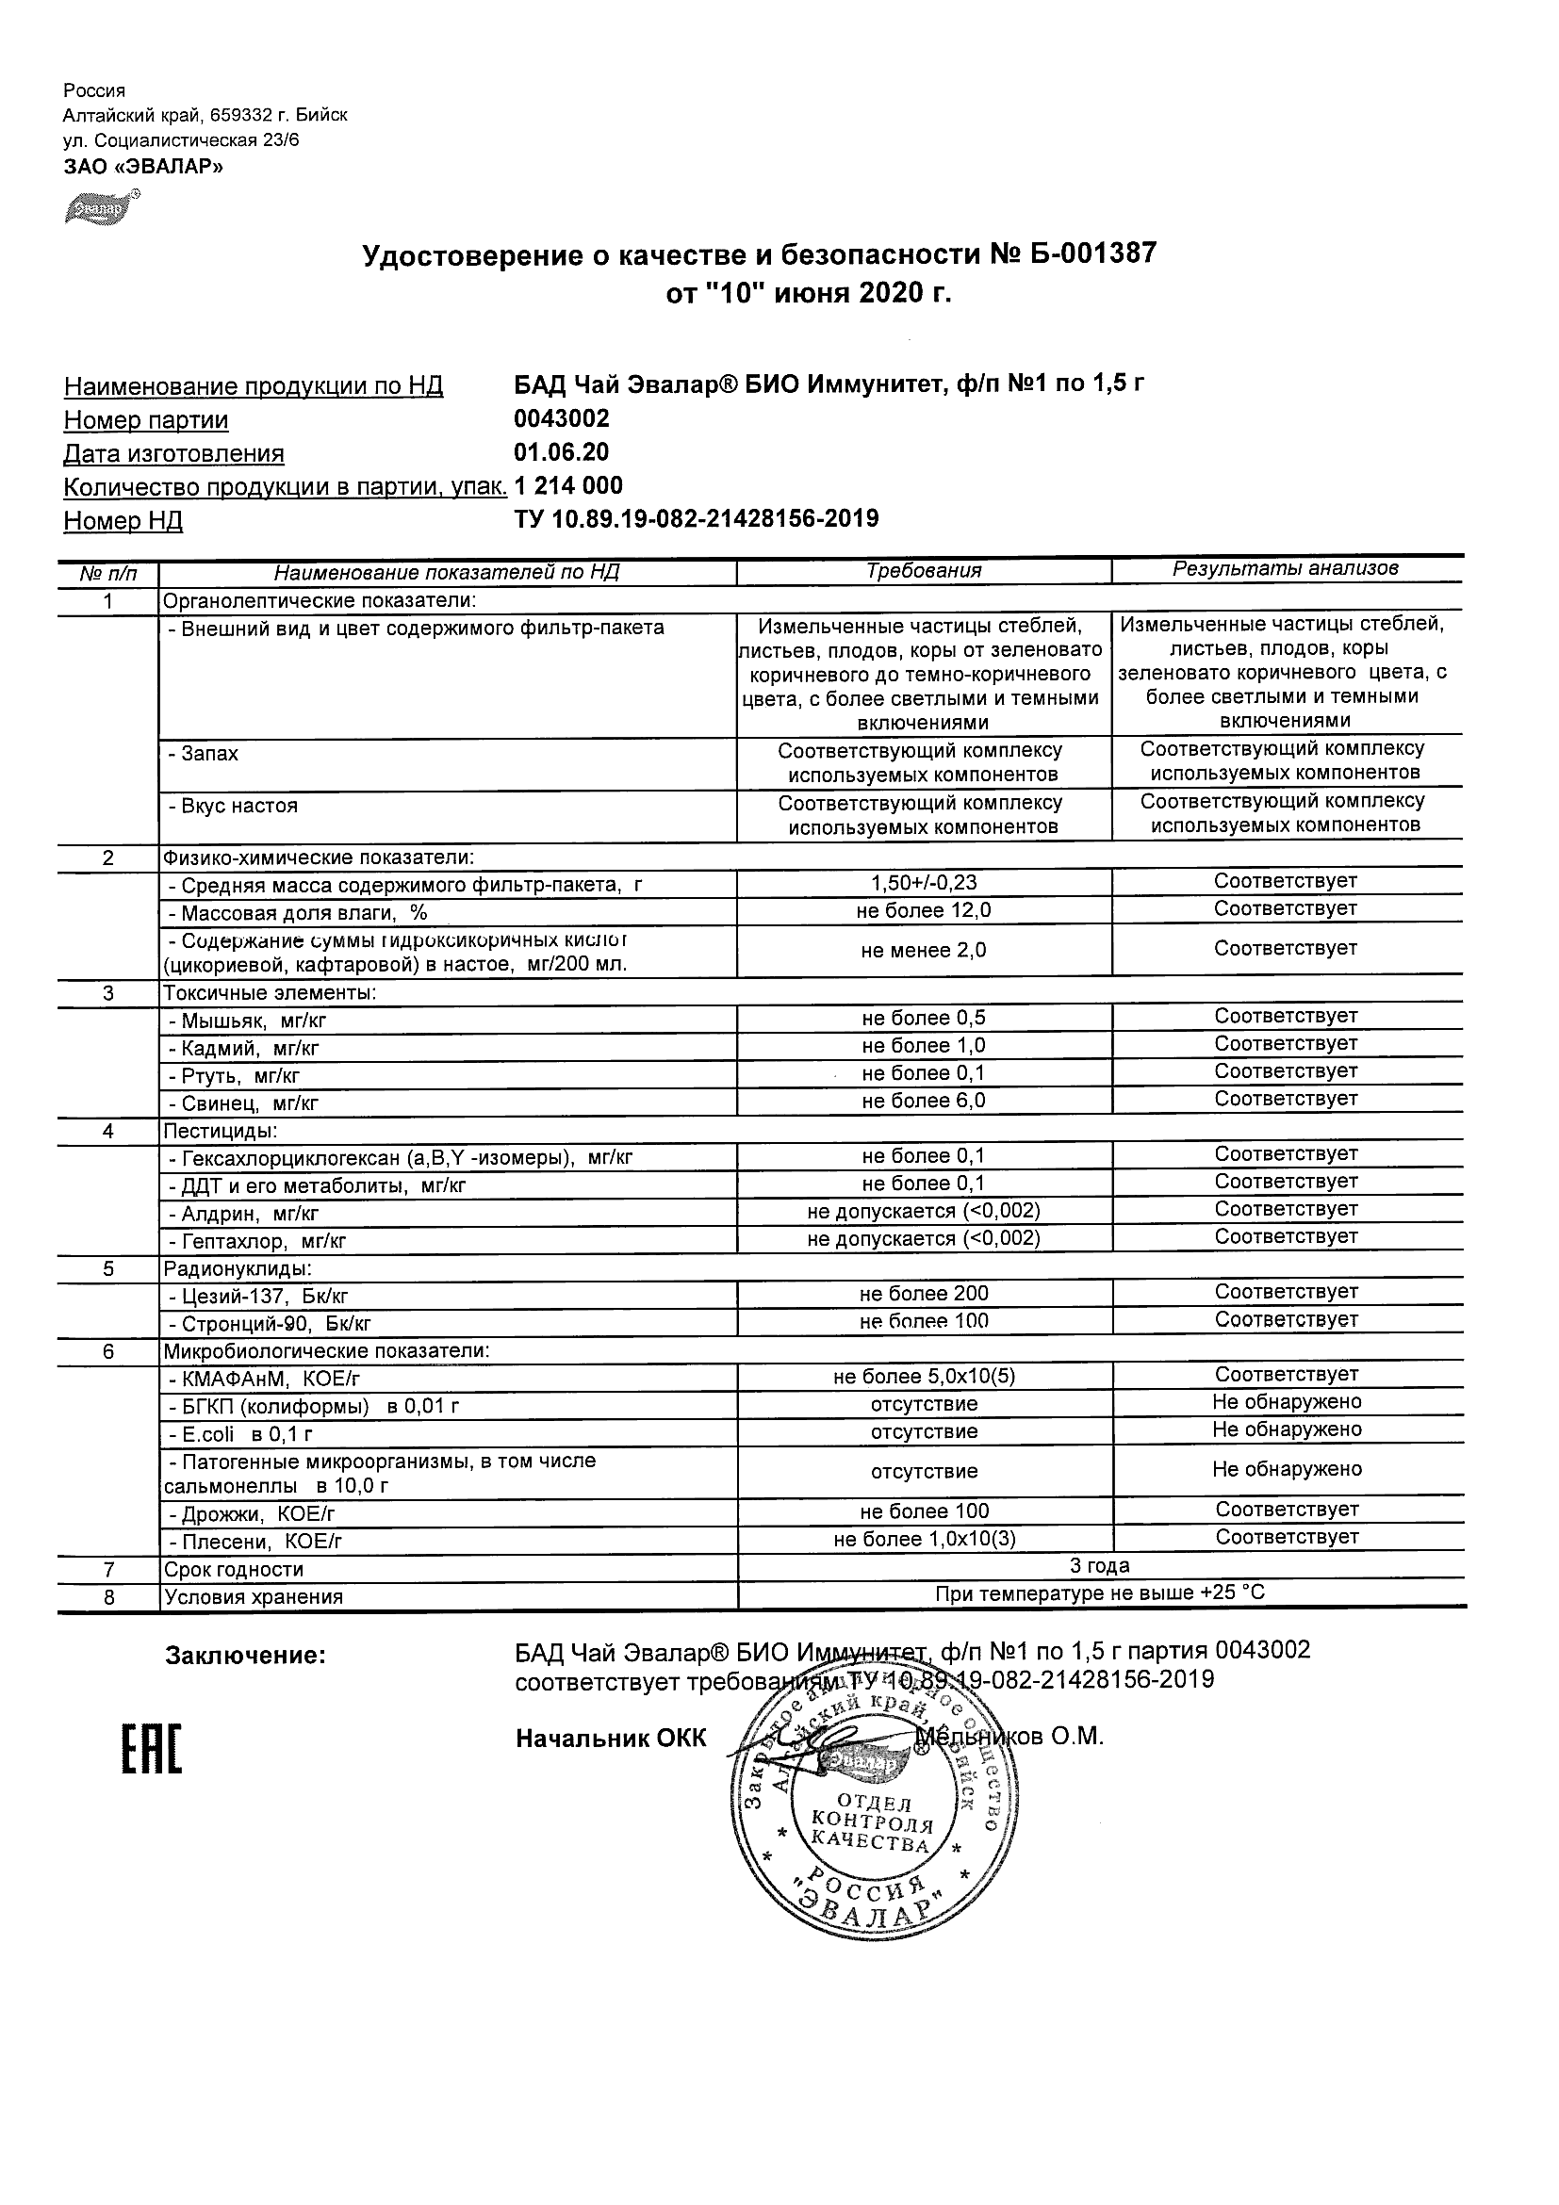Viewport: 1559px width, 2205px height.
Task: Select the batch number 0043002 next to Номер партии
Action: [x=562, y=417]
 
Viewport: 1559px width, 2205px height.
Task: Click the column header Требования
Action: [x=924, y=570]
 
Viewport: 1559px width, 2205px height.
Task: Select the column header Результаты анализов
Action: [x=1286, y=568]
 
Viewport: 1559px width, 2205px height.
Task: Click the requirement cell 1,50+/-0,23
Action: [x=924, y=883]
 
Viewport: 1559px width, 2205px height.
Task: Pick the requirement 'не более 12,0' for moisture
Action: [x=924, y=910]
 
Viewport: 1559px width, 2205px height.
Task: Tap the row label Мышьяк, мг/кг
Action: [x=254, y=1021]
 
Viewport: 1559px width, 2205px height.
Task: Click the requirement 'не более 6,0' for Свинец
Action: [x=924, y=1101]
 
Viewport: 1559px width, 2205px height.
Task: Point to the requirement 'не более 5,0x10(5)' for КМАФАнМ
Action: [x=924, y=1376]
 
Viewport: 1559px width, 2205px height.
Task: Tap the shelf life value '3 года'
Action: [x=1100, y=1565]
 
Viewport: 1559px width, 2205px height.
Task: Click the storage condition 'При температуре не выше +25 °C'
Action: [x=1100, y=1593]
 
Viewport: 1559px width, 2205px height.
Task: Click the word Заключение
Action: [x=246, y=1656]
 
